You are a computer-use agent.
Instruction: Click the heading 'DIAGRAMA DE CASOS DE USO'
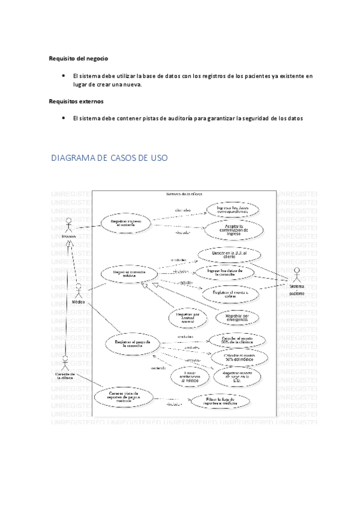point(109,158)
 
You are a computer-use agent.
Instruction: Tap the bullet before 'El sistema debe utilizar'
point(63,76)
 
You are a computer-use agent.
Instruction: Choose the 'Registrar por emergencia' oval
point(229,317)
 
